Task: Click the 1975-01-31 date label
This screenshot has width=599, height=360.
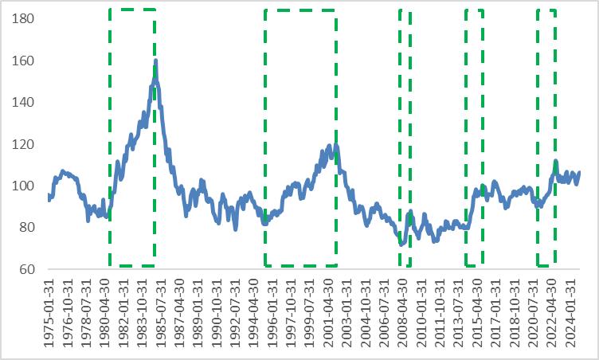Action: coord(49,311)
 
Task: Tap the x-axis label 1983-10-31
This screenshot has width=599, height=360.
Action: coord(143,311)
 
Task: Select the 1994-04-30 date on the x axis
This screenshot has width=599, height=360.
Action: coord(254,311)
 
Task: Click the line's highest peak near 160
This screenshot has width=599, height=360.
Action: coord(155,61)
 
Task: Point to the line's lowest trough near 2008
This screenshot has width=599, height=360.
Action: coord(402,244)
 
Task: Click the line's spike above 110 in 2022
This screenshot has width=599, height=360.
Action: coord(555,161)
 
